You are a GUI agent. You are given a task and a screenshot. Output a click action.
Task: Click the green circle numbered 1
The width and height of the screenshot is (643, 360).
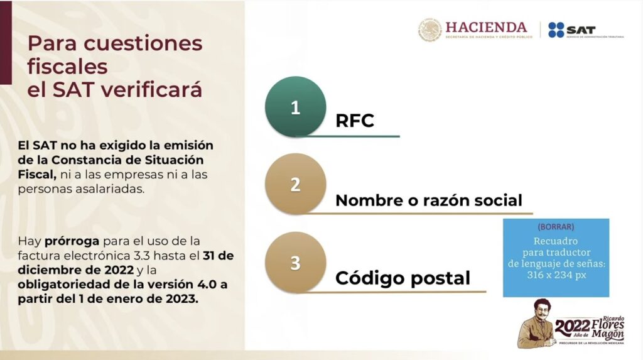tap(295, 107)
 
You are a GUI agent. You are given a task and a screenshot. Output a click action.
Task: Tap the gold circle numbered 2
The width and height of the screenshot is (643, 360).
tap(295, 184)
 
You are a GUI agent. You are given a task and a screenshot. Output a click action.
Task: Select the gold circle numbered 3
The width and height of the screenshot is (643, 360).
tap(295, 262)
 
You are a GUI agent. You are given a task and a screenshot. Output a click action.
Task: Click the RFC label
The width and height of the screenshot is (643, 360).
tap(355, 121)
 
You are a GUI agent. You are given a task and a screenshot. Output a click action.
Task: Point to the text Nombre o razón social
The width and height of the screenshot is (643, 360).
tap(428, 200)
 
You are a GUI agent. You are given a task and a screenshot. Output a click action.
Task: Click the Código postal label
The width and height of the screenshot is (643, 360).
tap(403, 278)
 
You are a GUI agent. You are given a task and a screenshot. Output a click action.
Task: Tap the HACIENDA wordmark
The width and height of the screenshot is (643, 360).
tap(486, 27)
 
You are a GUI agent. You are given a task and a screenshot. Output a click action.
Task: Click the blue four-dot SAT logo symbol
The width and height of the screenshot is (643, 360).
tap(556, 30)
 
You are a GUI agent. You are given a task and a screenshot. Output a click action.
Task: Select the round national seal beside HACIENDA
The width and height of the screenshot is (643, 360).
tap(430, 30)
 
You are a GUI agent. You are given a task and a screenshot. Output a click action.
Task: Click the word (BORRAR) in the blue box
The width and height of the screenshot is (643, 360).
tap(556, 227)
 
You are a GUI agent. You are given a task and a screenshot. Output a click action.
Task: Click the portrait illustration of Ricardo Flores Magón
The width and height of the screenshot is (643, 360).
tap(536, 324)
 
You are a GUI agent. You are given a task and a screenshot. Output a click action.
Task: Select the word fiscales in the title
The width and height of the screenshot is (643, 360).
tap(68, 67)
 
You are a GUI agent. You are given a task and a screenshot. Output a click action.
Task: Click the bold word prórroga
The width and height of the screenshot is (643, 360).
tap(72, 241)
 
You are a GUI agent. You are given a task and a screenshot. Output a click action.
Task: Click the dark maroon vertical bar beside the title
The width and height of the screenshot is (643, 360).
tap(6, 42)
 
